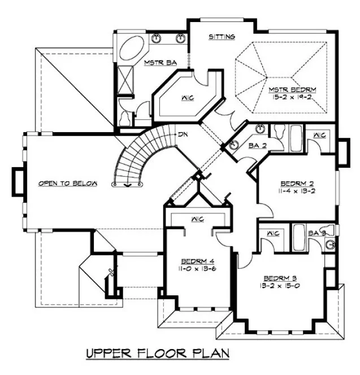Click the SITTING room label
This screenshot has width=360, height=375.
pyautogui.click(x=222, y=37)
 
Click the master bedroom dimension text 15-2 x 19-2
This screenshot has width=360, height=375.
pyautogui.click(x=292, y=98)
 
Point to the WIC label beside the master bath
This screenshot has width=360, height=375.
pyautogui.click(x=188, y=98)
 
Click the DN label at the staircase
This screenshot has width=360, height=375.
pyautogui.click(x=183, y=135)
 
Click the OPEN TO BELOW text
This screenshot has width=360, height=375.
pyautogui.click(x=68, y=184)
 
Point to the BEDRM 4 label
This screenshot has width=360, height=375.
pyautogui.click(x=197, y=261)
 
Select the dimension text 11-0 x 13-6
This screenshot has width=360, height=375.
pyautogui.click(x=197, y=269)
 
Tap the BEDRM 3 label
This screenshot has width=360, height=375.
pyautogui.click(x=280, y=278)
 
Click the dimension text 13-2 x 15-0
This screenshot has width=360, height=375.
pyautogui.click(x=280, y=286)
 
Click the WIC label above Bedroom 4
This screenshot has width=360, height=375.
pyautogui.click(x=197, y=219)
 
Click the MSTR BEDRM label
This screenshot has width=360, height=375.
pyautogui.click(x=292, y=89)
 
